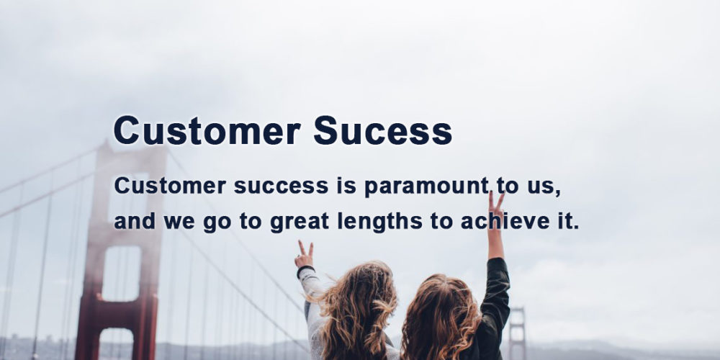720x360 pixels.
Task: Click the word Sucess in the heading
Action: [382, 130]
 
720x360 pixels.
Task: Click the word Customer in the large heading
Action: [207, 130]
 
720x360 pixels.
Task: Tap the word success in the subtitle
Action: [281, 186]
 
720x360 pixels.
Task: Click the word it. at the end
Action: [569, 221]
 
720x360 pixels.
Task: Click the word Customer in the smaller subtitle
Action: [170, 186]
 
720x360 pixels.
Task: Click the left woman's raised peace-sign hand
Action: [305, 256]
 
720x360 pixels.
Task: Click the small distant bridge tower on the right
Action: [517, 333]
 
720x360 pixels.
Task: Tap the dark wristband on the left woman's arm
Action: [305, 271]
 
